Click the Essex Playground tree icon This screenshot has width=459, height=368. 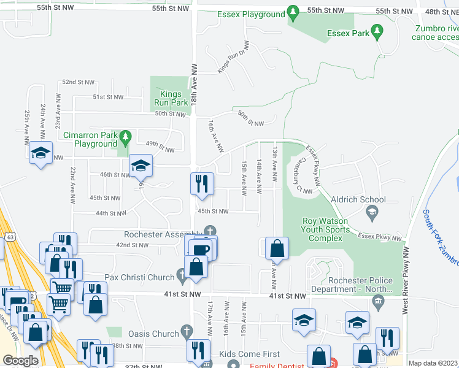pyautogui.click(x=293, y=13)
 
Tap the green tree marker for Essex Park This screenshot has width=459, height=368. pyautogui.click(x=377, y=30)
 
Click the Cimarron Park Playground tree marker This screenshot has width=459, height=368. pyautogui.click(x=126, y=136)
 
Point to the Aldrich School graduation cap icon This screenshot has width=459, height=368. pyautogui.click(x=371, y=212)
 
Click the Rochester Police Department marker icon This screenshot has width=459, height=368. pyautogui.click(x=378, y=301)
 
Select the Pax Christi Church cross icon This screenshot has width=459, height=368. pyautogui.click(x=182, y=278)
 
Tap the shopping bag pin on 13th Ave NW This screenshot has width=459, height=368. pyautogui.click(x=277, y=248)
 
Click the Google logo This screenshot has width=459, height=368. pyautogui.click(x=20, y=361)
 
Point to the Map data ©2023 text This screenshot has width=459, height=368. pyautogui.click(x=433, y=363)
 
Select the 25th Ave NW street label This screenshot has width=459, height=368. pyautogui.click(x=27, y=127)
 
